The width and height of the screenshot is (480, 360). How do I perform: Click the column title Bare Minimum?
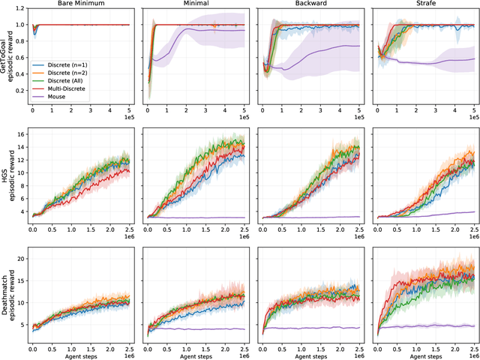(x=81, y=4)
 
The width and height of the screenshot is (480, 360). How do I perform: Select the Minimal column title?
(x=196, y=4)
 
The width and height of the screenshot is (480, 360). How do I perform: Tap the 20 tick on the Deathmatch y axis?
(x=20, y=259)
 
